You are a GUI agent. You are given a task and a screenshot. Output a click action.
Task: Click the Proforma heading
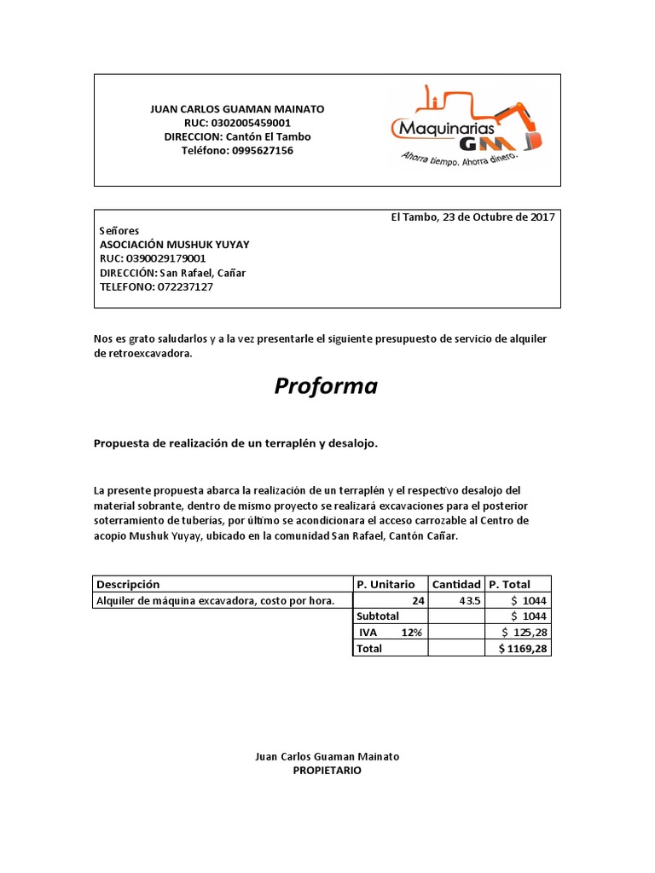pyautogui.click(x=326, y=386)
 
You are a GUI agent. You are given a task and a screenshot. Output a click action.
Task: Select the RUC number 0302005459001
pyautogui.click(x=264, y=123)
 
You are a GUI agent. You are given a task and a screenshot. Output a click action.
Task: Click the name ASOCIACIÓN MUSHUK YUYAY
pyautogui.click(x=175, y=245)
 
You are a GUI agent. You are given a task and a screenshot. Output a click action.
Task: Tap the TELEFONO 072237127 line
pyautogui.click(x=157, y=286)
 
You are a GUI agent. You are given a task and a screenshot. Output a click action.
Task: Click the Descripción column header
pyautogui.click(x=128, y=584)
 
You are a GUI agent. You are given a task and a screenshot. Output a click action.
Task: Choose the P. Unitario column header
pyautogui.click(x=385, y=584)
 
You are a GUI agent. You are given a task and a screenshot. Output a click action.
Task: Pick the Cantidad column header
pyautogui.click(x=456, y=584)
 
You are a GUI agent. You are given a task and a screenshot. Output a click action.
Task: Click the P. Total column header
pyautogui.click(x=509, y=584)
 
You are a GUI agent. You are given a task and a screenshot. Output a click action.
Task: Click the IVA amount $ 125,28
pyautogui.click(x=525, y=632)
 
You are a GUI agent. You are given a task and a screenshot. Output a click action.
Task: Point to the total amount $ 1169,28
pyautogui.click(x=523, y=648)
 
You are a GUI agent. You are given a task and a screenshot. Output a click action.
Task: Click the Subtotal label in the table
pyautogui.click(x=378, y=616)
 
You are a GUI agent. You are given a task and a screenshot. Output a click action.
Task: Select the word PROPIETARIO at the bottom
pyautogui.click(x=327, y=770)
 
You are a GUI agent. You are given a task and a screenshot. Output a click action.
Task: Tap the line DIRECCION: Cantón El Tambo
pyautogui.click(x=238, y=136)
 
